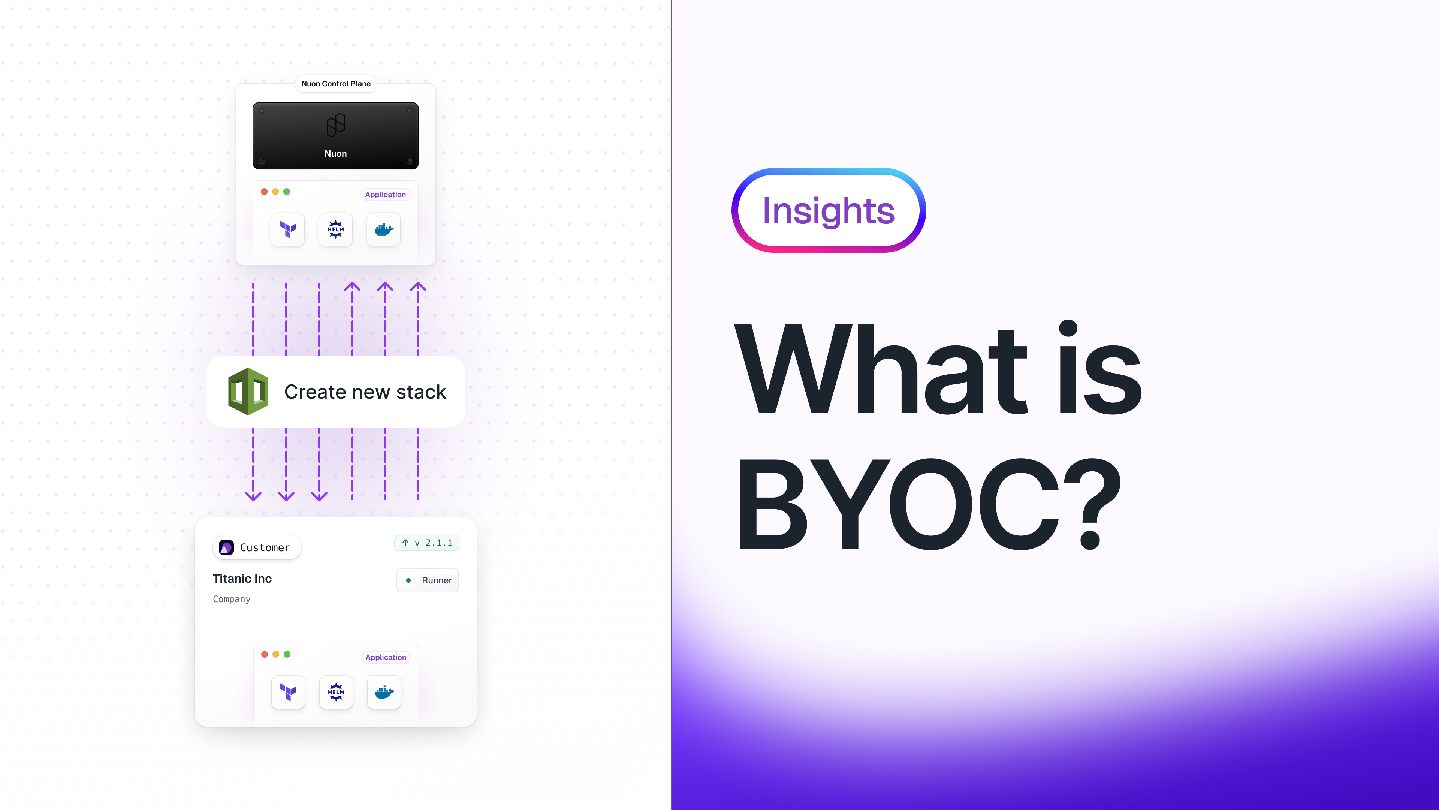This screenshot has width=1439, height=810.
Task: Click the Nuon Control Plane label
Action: [336, 84]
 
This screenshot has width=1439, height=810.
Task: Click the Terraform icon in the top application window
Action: [288, 229]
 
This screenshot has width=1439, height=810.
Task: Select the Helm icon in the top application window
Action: [336, 229]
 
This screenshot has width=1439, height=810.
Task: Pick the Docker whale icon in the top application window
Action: [384, 229]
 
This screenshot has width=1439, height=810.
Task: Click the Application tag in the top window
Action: [386, 195]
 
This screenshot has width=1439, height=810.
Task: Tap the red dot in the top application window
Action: [264, 192]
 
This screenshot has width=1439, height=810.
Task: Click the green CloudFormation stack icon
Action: [248, 391]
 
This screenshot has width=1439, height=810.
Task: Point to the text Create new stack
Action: [365, 392]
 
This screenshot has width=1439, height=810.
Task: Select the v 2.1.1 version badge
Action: [427, 543]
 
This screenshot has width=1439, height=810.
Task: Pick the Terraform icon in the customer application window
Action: [288, 692]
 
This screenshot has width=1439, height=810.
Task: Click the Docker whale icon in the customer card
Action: [384, 692]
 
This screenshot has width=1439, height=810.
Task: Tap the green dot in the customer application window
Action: [287, 655]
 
